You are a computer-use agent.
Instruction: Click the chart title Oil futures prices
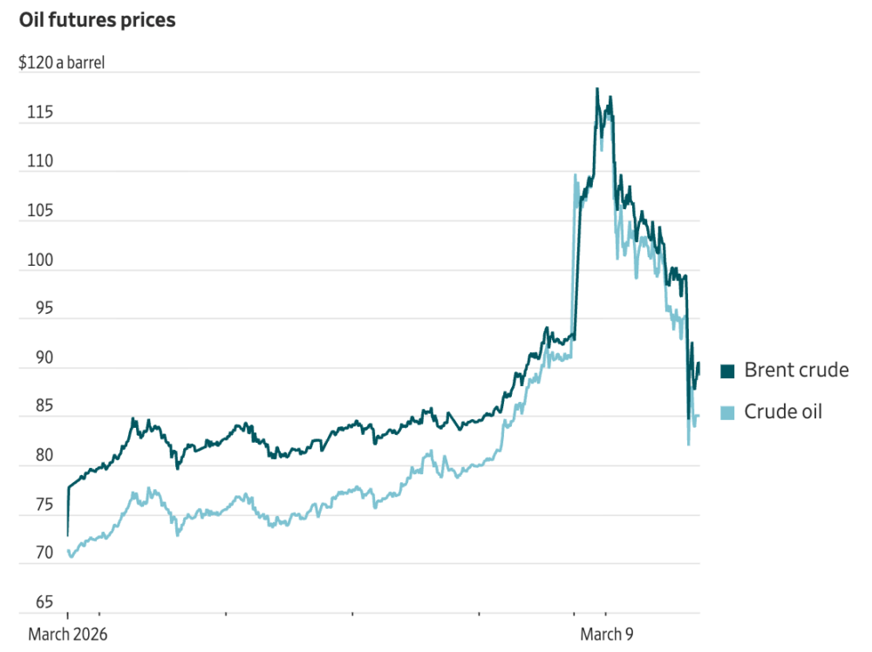click(97, 20)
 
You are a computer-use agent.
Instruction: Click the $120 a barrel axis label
click(61, 63)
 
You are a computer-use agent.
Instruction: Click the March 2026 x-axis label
click(68, 635)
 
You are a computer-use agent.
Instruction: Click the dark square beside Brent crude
click(727, 371)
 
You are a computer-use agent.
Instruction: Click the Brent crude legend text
click(795, 370)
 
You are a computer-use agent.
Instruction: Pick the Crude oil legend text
click(782, 412)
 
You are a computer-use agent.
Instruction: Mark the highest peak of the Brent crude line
click(596, 89)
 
